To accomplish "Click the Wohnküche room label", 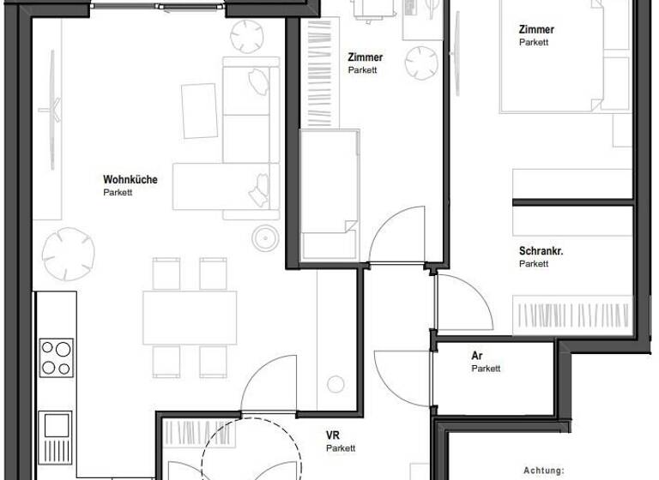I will [x=130, y=180].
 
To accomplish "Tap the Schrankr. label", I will [x=541, y=251].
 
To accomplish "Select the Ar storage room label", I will [x=477, y=356].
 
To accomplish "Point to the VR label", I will [x=333, y=435].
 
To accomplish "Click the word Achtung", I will [x=544, y=471].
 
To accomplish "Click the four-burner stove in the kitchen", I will [x=57, y=357].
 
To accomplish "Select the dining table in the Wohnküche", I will [x=190, y=317].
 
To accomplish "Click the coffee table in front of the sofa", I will [x=200, y=111].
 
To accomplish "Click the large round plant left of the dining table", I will [x=70, y=253].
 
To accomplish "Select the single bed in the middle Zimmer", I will [x=328, y=192].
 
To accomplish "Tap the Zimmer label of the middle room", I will [x=366, y=57].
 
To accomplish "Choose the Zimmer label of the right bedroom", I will [x=536, y=29].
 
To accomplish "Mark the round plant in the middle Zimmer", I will [x=421, y=62].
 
